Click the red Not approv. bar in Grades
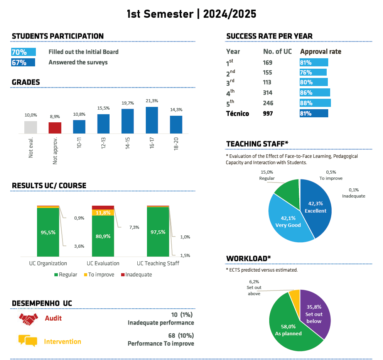pos(55,128)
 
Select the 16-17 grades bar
pos(152,120)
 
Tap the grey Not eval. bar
pos(30,127)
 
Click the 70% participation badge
pos(24,52)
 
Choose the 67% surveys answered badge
pos(23,63)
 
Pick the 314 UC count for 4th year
pos(268,93)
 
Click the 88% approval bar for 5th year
pos(315,103)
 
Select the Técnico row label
pos(238,113)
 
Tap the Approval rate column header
pos(321,52)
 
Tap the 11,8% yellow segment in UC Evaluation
pos(103,213)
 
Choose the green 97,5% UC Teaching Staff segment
pos(158,232)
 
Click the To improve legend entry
pos(98,275)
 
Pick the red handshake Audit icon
pos(28,318)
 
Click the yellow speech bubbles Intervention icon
pos(28,341)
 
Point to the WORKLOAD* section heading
pos(248,258)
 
